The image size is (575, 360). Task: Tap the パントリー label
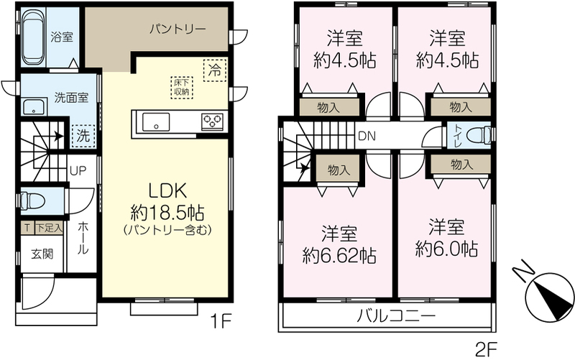pos(178,29)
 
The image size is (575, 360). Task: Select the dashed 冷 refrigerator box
pos(215,70)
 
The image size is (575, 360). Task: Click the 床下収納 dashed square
pos(182,88)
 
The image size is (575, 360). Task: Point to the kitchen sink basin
pos(156,122)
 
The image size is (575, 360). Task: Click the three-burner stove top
pos(212,121)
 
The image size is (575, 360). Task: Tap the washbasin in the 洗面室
pos(34,107)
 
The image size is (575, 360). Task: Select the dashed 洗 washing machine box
pos(83,136)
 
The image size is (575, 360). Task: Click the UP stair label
pos(78,170)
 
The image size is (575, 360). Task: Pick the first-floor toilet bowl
pos(33,201)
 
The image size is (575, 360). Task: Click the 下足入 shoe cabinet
pos(49,228)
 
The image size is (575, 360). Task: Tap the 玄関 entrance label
pos(42,254)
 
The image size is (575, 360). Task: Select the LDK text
pos(167,190)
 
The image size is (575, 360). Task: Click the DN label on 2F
pos(367,137)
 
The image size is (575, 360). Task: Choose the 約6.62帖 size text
pos(339,256)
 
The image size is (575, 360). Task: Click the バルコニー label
pos(397,315)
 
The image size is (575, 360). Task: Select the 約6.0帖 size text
pos(446,249)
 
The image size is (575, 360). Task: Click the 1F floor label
pos(221,321)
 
